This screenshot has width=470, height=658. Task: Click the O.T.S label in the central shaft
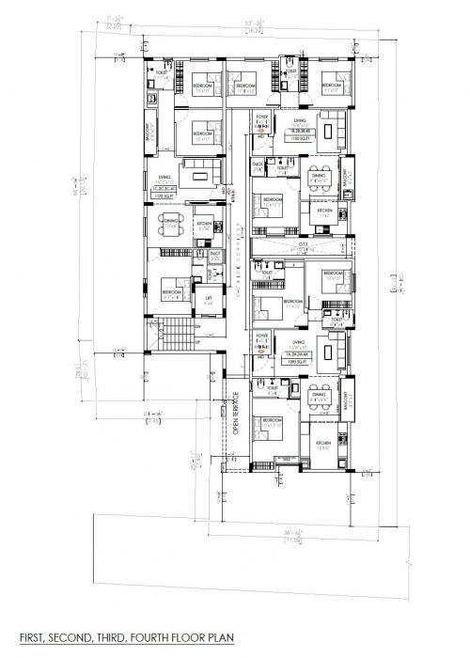coord(304,243)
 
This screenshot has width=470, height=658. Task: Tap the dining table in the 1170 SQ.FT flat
coord(171,227)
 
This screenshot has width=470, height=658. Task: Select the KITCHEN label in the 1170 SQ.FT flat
coord(204,224)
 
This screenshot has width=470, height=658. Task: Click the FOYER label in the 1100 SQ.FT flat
coord(262,117)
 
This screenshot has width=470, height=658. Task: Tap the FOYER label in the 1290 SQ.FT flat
coord(262,337)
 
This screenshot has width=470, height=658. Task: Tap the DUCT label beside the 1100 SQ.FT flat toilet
coord(257,164)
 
